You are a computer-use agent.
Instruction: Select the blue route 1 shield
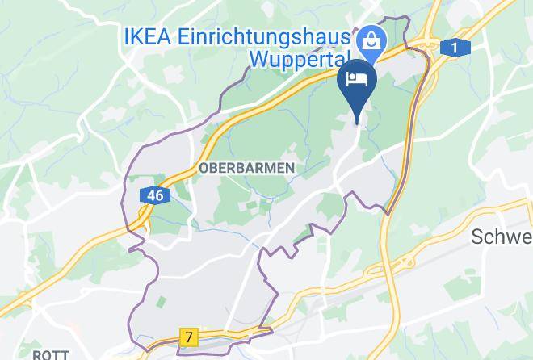455,48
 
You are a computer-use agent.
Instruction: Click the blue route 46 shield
154,195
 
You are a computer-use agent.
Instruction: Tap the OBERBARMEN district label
246,167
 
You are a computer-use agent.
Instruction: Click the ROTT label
49,354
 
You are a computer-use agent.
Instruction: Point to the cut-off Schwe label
501,237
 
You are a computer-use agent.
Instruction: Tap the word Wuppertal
298,59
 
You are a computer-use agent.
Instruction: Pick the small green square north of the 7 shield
162,303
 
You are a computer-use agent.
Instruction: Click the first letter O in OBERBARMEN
203,167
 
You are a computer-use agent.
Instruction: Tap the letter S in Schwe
478,237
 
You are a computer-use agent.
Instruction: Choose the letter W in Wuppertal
258,59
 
